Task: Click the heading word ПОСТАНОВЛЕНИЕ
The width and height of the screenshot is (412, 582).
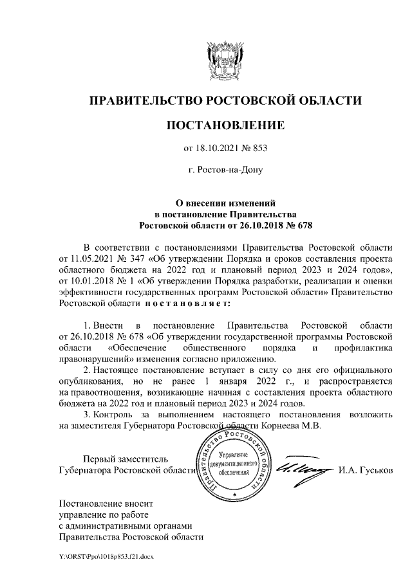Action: pyautogui.click(x=225, y=125)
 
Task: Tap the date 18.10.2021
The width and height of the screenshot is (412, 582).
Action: pyautogui.click(x=220, y=149)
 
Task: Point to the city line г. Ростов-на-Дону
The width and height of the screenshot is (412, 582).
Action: pyautogui.click(x=225, y=171)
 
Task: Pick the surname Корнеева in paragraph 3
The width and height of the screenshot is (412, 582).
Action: pyautogui.click(x=297, y=424)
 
